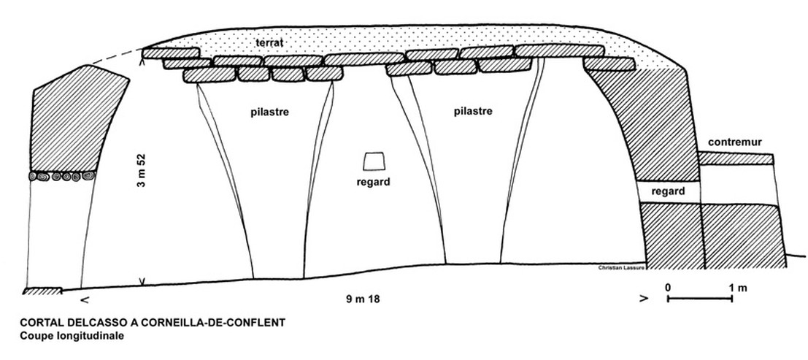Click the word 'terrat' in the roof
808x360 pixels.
[269, 43]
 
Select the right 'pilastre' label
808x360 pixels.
[472, 112]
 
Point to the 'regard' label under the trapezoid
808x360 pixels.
[373, 182]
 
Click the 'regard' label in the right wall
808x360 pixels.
[669, 192]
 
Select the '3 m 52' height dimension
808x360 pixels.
[142, 172]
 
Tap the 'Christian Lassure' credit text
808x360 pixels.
[621, 268]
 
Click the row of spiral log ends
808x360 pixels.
[63, 176]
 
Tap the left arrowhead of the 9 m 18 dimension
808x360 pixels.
[88, 299]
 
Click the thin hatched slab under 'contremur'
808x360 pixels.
[735, 158]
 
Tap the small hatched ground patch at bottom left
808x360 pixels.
[42, 291]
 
